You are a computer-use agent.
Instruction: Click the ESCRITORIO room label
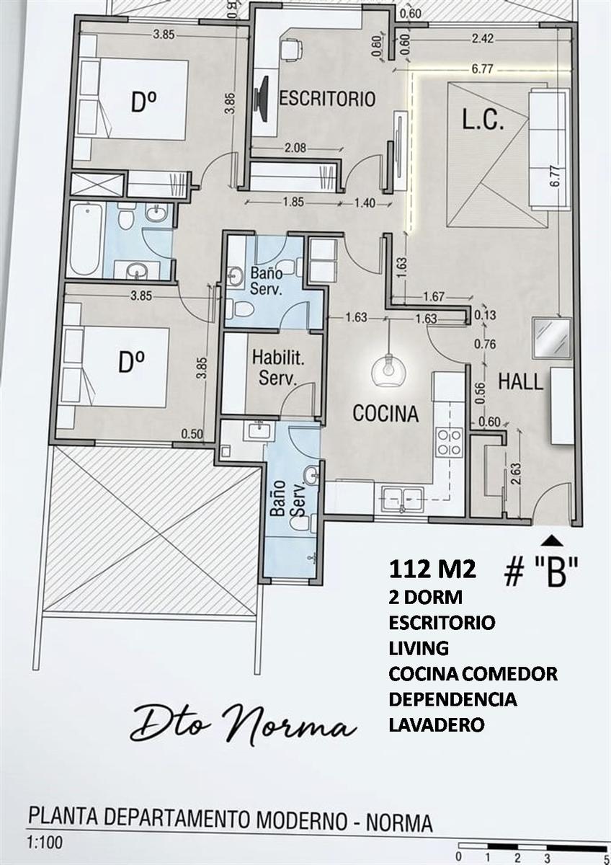pyautogui.click(x=327, y=99)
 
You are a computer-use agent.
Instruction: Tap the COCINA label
pyautogui.click(x=385, y=413)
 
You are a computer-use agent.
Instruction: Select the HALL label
pyautogui.click(x=520, y=381)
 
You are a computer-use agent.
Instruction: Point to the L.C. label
pyautogui.click(x=483, y=120)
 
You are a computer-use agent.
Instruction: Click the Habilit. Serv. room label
pyautogui.click(x=277, y=368)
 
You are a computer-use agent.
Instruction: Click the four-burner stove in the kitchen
pyautogui.click(x=450, y=442)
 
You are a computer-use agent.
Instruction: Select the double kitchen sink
pyautogui.click(x=403, y=499)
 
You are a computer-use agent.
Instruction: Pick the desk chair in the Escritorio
pyautogui.click(x=290, y=49)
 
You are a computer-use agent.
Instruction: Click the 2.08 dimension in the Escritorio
pyautogui.click(x=295, y=148)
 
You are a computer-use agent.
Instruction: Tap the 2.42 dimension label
pyautogui.click(x=483, y=39)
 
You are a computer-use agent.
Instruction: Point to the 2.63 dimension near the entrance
pyautogui.click(x=516, y=474)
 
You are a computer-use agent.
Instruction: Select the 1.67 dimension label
pyautogui.click(x=434, y=296)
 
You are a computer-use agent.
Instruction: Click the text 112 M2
pyautogui.click(x=433, y=569)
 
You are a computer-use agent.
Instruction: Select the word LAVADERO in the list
pyautogui.click(x=437, y=724)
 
